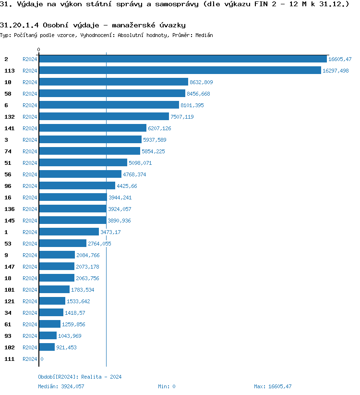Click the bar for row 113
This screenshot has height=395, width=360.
click(x=180, y=71)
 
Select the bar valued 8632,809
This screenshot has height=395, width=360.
click(x=113, y=82)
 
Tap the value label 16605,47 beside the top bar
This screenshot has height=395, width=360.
click(x=340, y=59)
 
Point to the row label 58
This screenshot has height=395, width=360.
click(x=8, y=94)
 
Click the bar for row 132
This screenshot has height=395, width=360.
click(x=104, y=117)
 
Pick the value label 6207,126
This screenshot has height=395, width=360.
click(x=159, y=128)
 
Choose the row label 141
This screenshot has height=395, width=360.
click(x=9, y=128)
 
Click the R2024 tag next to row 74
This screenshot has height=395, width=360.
click(x=30, y=151)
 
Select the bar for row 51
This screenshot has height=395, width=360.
click(x=83, y=163)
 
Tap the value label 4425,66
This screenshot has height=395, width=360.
click(x=127, y=186)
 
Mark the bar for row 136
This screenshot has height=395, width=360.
click(x=72, y=209)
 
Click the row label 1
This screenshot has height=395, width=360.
click(x=6, y=232)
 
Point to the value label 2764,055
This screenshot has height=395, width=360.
click(x=99, y=244)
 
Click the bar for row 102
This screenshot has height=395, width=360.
click(x=47, y=347)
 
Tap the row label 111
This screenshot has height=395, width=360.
click(x=9, y=359)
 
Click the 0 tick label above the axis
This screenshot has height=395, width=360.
click(x=39, y=49)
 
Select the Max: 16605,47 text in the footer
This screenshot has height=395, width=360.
click(x=273, y=386)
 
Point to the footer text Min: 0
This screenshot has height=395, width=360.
click(x=167, y=386)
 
